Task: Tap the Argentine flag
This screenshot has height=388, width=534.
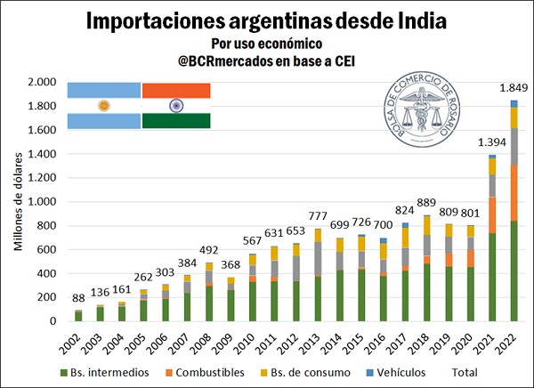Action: (104, 105)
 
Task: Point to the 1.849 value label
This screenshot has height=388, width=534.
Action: (514, 88)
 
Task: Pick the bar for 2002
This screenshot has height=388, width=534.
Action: (78, 315)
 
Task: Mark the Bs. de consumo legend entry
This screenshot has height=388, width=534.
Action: (303, 372)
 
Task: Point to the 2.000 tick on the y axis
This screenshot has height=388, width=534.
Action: (42, 82)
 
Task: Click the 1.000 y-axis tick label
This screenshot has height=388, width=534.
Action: (42, 202)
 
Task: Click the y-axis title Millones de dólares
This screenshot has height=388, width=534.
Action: (17, 202)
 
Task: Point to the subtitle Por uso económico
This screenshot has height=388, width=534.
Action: (266, 44)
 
